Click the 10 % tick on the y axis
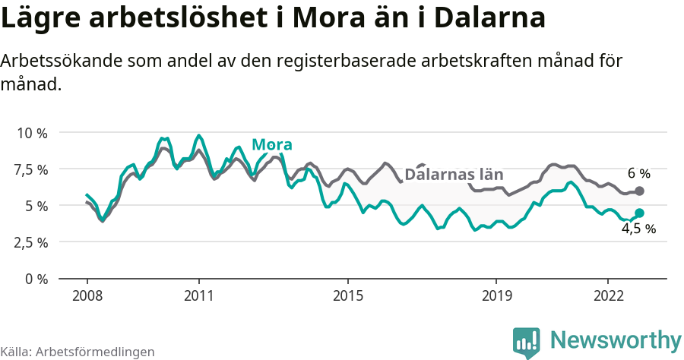coord(32,133)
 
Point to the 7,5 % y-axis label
coord(30,169)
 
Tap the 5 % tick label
coord(36,206)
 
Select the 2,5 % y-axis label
coord(30,242)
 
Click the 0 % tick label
coord(36,279)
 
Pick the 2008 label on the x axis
coord(87,295)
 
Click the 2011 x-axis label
coord(198,295)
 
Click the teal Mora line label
coord(272,145)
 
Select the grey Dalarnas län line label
coord(454,174)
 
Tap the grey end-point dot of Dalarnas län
coord(639,191)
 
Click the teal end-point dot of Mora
coord(639,213)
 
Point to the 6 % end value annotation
coord(638,174)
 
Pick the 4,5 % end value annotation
coord(638,229)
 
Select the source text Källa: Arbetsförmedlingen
coord(78,352)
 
